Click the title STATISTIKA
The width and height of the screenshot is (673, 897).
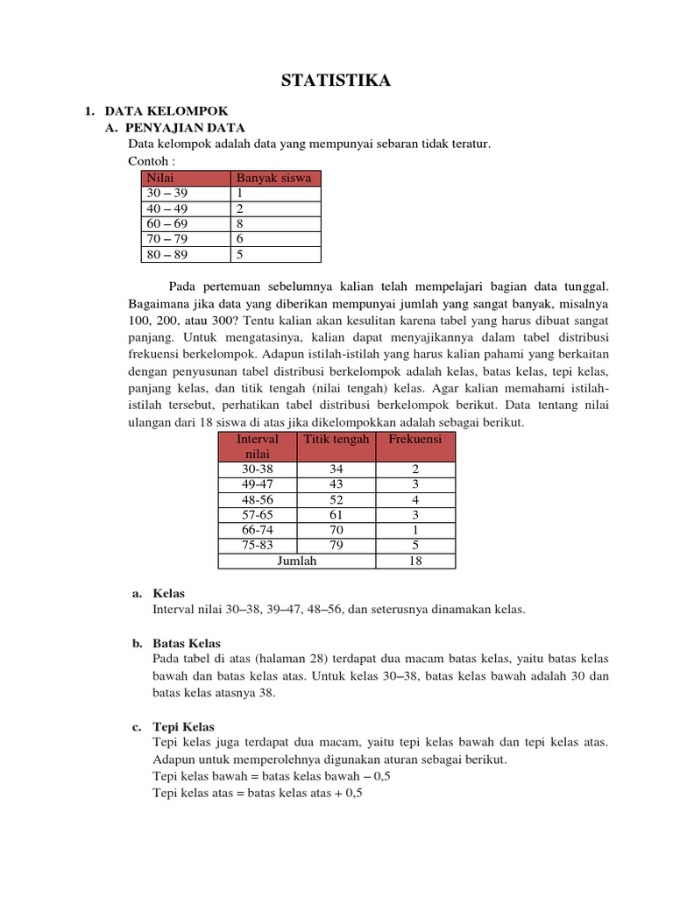[336, 81]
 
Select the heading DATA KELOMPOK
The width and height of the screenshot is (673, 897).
[166, 111]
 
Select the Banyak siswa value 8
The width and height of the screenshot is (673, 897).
[239, 223]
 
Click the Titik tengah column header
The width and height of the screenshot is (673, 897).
[336, 438]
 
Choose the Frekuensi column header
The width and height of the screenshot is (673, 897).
[415, 438]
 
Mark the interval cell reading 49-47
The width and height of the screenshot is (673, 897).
[258, 484]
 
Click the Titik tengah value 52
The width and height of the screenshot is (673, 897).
[336, 499]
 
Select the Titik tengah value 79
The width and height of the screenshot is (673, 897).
[336, 545]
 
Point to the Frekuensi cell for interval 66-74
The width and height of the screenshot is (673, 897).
[415, 530]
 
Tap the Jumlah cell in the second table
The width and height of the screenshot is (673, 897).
[296, 561]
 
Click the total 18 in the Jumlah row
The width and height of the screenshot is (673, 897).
[415, 561]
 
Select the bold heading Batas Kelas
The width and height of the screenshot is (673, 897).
[187, 643]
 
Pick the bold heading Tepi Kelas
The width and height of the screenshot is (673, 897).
[183, 727]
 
